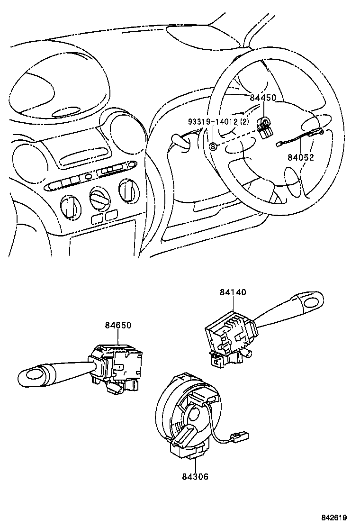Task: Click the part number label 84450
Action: pyautogui.click(x=262, y=98)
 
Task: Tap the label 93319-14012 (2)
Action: pyautogui.click(x=218, y=122)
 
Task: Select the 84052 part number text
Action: pyautogui.click(x=300, y=157)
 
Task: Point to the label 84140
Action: pyautogui.click(x=233, y=293)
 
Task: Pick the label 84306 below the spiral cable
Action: pyautogui.click(x=195, y=477)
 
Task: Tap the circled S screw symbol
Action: pyautogui.click(x=213, y=146)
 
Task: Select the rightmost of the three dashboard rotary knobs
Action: pyautogui.click(x=127, y=190)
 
